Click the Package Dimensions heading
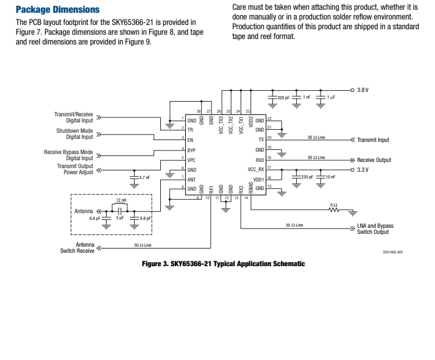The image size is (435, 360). [57, 9]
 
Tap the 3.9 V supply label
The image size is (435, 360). [363, 90]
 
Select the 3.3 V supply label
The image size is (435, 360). [363, 169]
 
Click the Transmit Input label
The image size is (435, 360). [373, 140]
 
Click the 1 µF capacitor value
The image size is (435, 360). [331, 97]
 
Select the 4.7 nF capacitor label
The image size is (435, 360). [144, 177]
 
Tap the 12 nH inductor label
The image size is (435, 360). [121, 200]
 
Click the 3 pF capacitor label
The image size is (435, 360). [120, 217]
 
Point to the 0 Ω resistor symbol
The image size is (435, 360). [333, 210]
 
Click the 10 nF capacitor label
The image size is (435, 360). [330, 177]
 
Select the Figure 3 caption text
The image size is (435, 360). [223, 264]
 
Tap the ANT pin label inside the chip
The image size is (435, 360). [191, 179]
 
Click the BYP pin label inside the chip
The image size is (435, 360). [191, 150]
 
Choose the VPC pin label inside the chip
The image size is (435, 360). [191, 160]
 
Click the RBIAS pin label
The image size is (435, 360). [250, 188]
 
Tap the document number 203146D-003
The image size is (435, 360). [392, 251]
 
